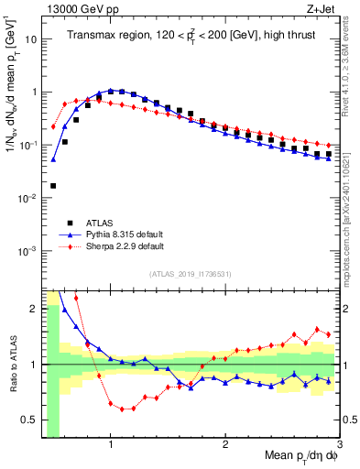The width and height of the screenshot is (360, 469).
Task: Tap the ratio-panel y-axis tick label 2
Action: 33,309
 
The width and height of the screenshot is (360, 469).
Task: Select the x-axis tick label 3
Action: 340,445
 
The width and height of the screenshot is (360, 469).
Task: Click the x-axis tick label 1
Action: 110,445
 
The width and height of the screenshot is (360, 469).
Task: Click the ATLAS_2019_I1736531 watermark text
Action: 190,274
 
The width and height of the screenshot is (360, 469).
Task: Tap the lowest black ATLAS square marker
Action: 53,186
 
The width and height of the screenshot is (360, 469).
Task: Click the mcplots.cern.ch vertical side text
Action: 353,211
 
